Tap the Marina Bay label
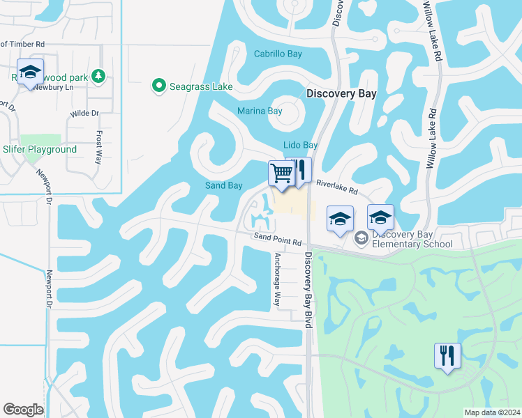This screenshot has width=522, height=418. [x=260, y=111]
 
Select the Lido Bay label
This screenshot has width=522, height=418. [x=300, y=145]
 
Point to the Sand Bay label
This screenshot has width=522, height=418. [x=223, y=185]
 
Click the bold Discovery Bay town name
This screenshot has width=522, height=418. [x=341, y=93]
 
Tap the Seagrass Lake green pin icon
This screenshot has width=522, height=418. [x=158, y=87]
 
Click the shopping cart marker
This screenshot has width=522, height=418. [x=281, y=173]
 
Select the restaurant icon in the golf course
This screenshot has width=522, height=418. [x=447, y=355]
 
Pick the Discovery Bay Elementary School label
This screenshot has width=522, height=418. [x=412, y=239]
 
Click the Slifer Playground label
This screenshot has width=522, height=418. [x=40, y=150]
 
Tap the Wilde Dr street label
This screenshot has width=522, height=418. [x=85, y=112]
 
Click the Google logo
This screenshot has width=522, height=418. [x=23, y=410]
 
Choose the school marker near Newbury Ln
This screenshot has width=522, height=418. [x=30, y=72]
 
